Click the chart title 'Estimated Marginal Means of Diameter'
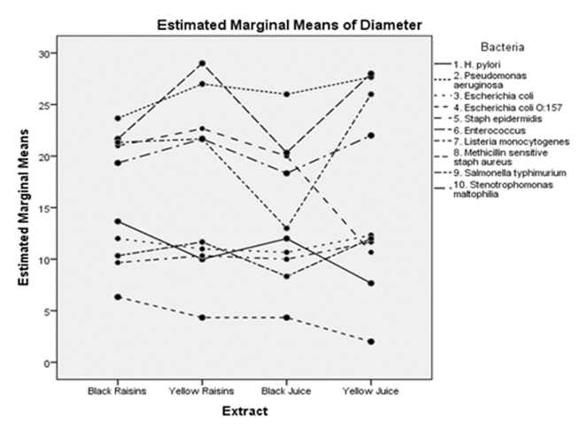290,25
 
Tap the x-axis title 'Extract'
245,411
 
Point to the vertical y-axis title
24,207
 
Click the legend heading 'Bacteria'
502,47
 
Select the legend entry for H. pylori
467,65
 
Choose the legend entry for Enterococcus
480,131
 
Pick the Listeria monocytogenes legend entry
502,142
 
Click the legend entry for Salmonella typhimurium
500,173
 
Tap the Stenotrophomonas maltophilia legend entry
493,189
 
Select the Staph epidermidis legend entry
488,119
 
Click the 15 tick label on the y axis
44,208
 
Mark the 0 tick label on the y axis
47,363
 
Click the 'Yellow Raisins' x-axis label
201,391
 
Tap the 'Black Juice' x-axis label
286,391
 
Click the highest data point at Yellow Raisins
202,63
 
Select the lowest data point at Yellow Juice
371,342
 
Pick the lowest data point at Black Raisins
118,297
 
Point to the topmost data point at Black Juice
286,95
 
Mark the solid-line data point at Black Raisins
118,221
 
